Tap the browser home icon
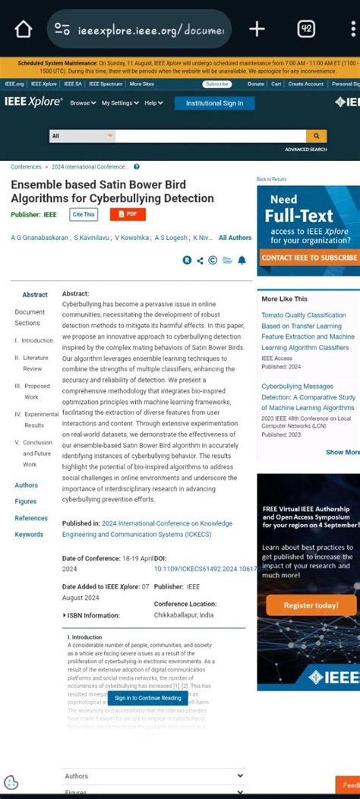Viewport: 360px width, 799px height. coord(24,30)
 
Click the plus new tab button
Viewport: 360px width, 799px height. coord(257,30)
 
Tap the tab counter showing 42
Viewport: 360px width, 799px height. coord(306,30)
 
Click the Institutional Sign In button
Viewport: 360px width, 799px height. coord(214,103)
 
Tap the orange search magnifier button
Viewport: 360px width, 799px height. coord(316,136)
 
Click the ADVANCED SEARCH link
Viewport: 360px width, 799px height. coord(305,150)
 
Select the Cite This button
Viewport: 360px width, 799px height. coord(84,215)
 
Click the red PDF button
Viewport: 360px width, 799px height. coord(128,215)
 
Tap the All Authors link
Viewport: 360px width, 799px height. coord(235,238)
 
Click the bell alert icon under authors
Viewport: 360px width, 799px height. coord(242,261)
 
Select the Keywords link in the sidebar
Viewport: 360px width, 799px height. coord(29,535)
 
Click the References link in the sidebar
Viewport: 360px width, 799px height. coord(31,518)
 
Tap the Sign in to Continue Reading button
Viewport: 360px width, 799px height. coord(148,698)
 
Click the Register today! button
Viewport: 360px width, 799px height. coord(311,605)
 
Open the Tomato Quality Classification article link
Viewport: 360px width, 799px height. coord(304,315)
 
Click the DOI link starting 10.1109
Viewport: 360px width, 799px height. coord(201,569)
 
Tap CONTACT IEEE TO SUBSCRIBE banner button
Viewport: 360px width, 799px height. coord(308,257)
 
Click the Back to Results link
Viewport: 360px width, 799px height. coord(271,179)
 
